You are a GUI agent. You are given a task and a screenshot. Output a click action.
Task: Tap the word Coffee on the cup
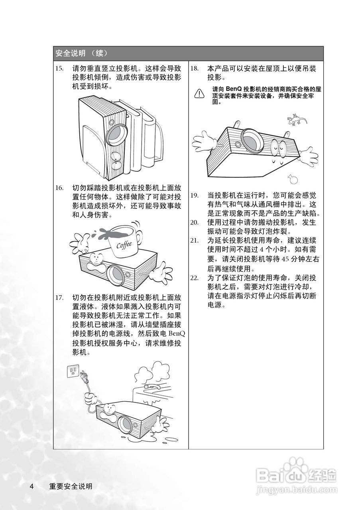pyautogui.click(x=124, y=244)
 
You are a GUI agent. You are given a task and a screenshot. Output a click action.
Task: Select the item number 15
pyautogui.click(x=59, y=68)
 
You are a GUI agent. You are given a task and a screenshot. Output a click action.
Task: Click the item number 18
pyautogui.click(x=195, y=68)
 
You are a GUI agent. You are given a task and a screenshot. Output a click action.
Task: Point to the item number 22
pyautogui.click(x=195, y=278)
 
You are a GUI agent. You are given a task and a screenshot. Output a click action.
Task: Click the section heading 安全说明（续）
pyautogui.click(x=81, y=53)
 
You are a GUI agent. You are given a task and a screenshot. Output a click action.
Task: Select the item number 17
pyautogui.click(x=59, y=298)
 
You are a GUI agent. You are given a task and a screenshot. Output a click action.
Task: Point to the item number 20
pyautogui.click(x=195, y=222)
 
